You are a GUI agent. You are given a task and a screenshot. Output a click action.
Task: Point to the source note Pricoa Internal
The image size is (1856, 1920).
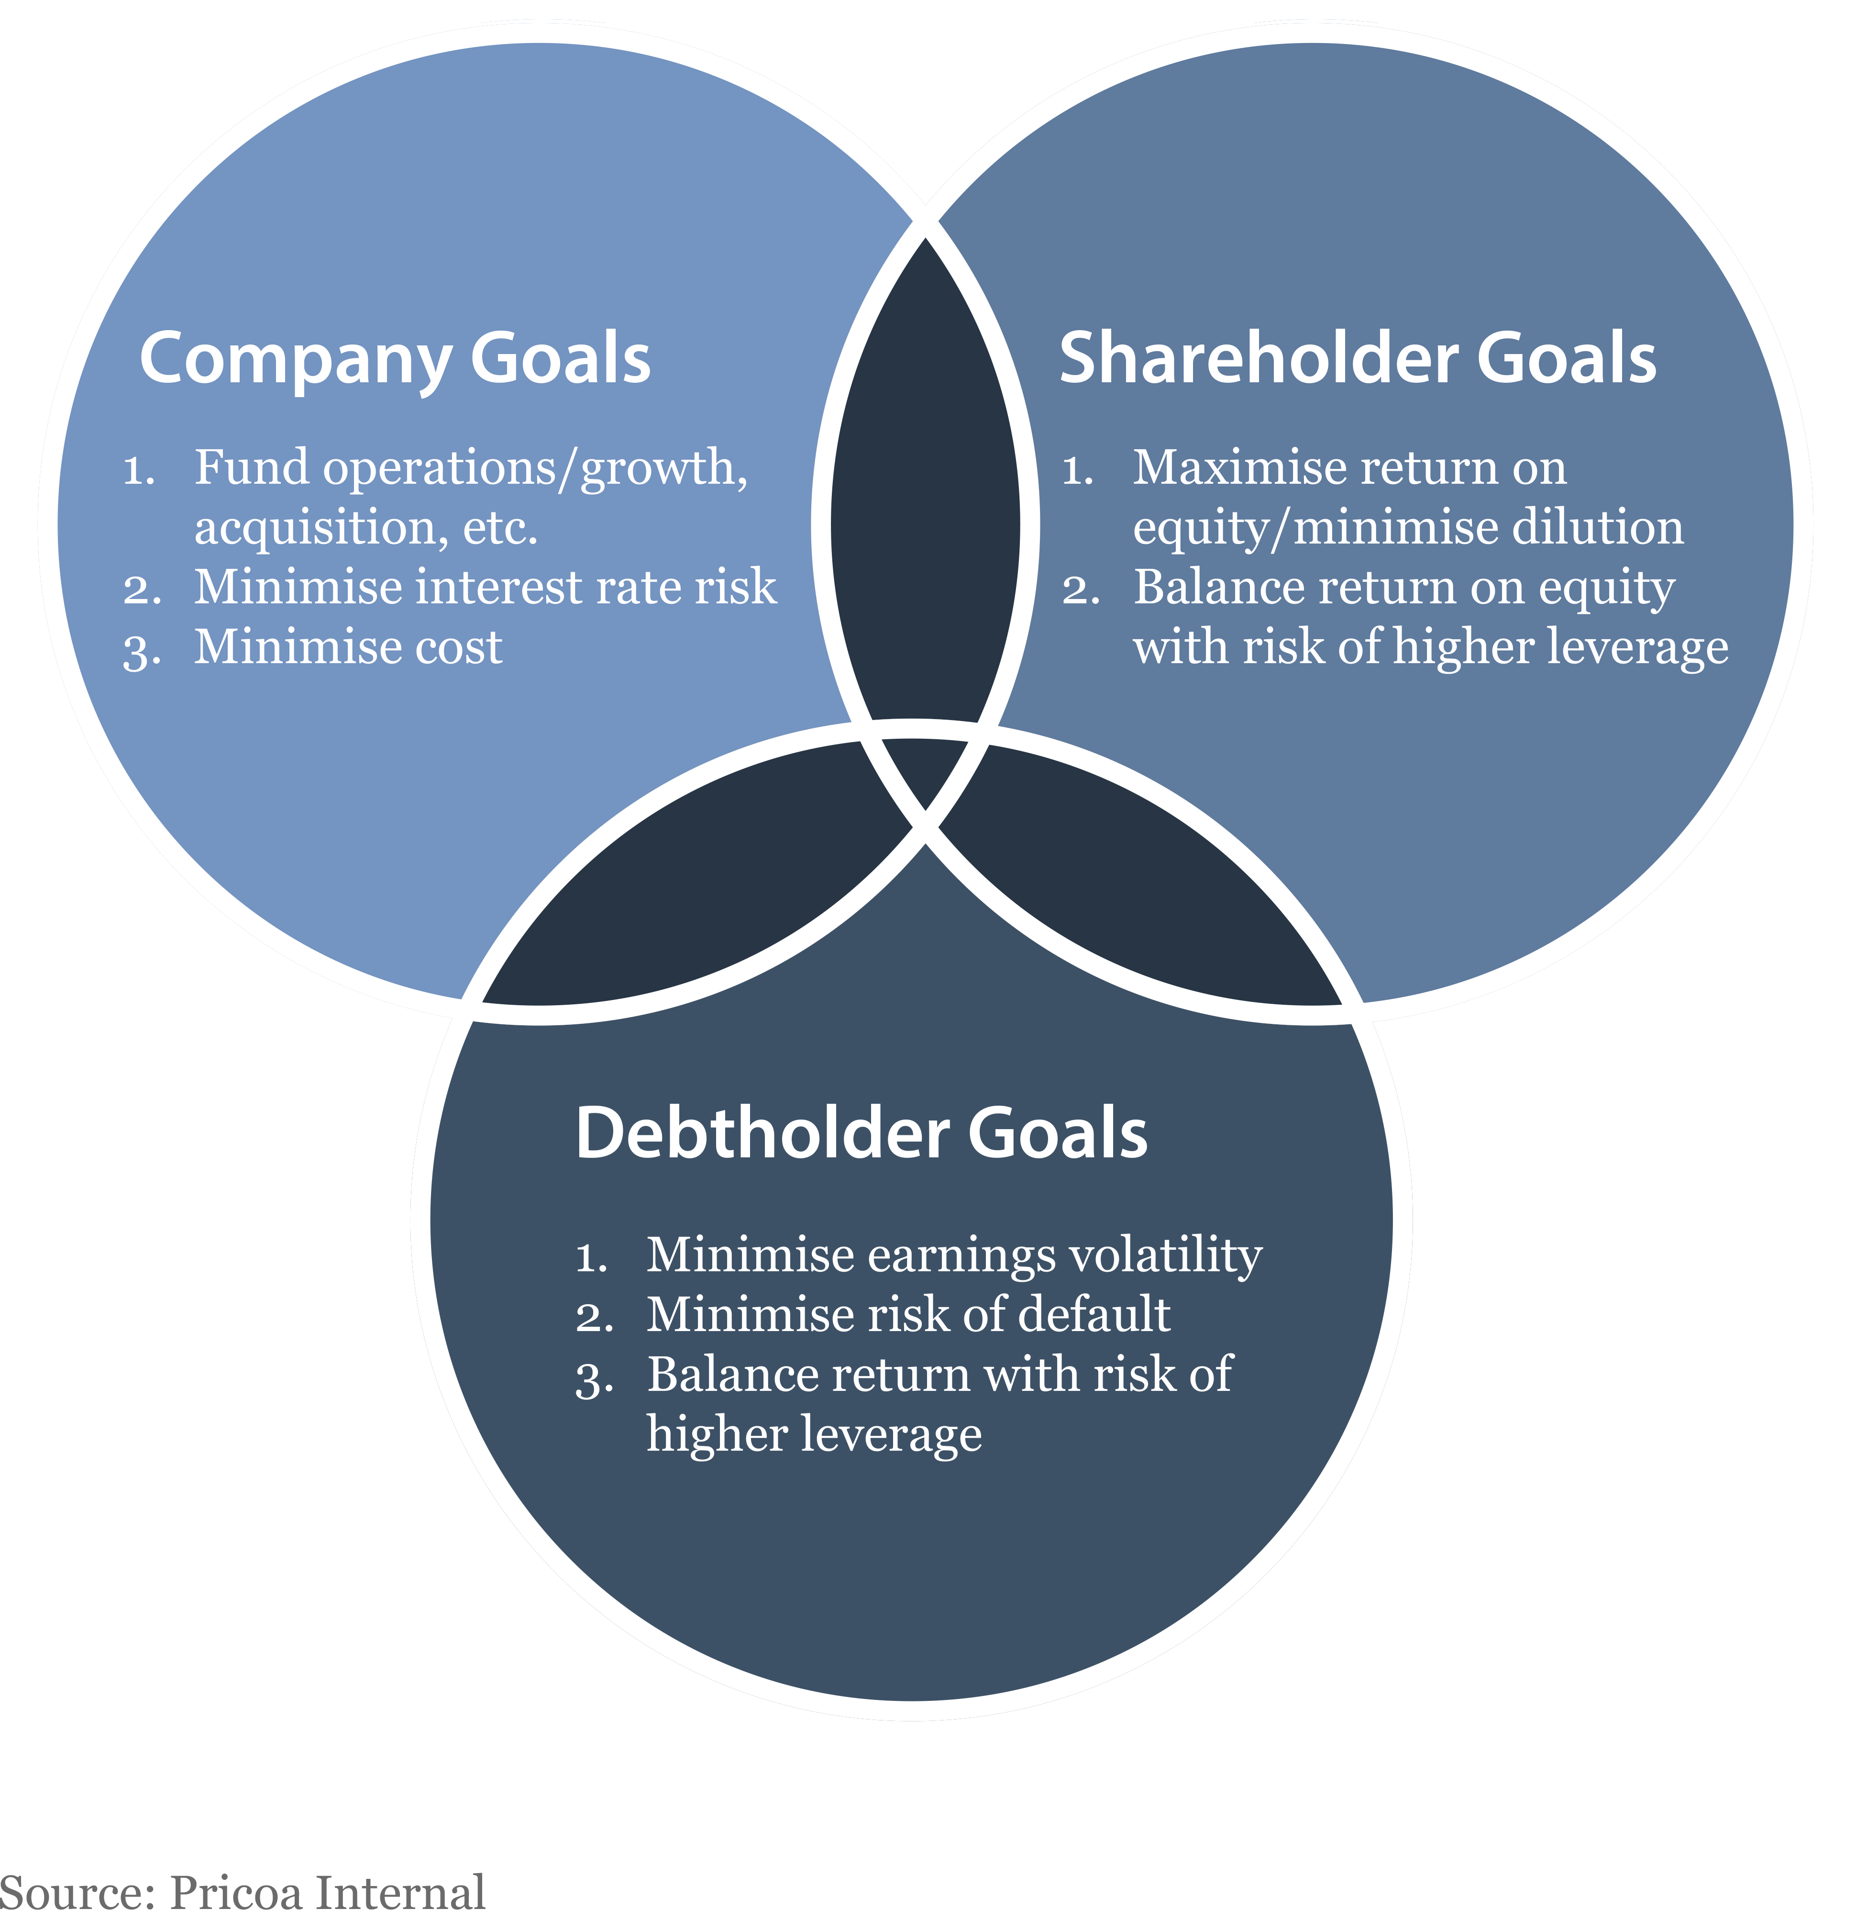[x=327, y=1893]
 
